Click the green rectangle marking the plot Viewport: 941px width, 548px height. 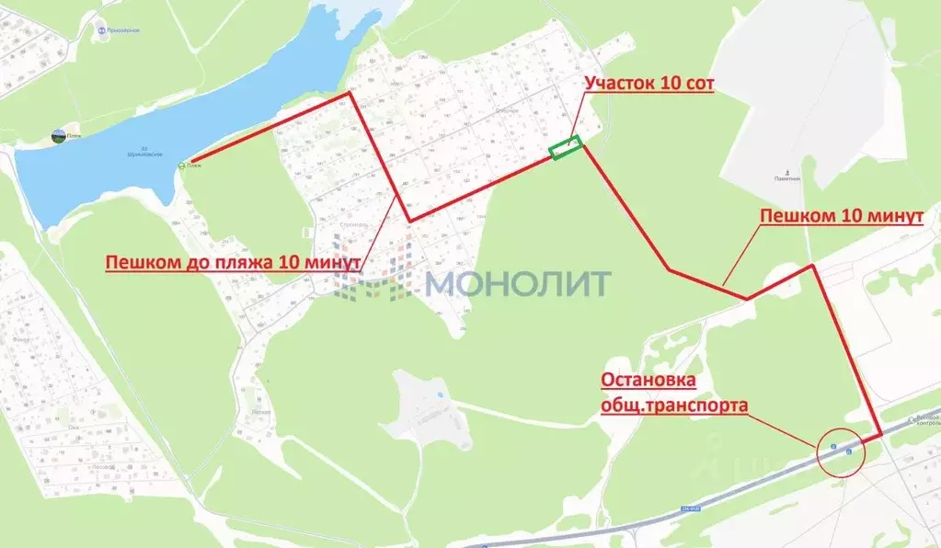(x=565, y=148)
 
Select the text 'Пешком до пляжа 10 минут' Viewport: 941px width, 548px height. (x=232, y=262)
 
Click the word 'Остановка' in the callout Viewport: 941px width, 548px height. (x=648, y=380)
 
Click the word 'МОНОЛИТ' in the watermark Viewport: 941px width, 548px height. (x=518, y=282)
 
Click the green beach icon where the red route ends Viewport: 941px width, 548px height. (x=181, y=166)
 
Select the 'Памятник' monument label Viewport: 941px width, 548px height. (x=787, y=178)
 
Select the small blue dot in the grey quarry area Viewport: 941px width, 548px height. (x=441, y=395)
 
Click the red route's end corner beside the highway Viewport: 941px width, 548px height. (x=880, y=434)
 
